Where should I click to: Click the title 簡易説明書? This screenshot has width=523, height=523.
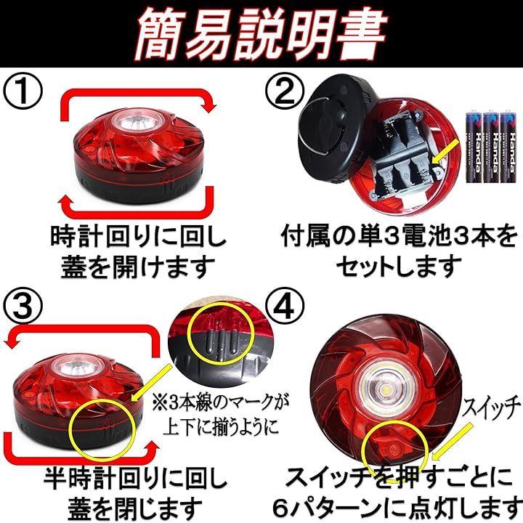[x=261, y=33]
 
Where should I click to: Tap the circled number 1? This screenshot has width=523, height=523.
[x=23, y=91]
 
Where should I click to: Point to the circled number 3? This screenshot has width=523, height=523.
[x=23, y=306]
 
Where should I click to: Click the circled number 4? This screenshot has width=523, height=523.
[x=285, y=306]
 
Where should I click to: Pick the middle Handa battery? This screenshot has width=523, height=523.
[x=492, y=147]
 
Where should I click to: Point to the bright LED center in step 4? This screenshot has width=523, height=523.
[x=386, y=389]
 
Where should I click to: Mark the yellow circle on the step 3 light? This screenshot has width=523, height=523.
[x=102, y=429]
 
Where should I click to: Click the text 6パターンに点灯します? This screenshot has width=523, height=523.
[x=397, y=507]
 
